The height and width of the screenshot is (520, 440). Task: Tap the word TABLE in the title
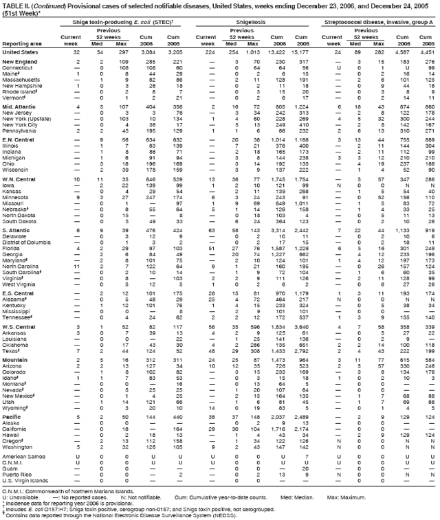coord(14,5)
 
